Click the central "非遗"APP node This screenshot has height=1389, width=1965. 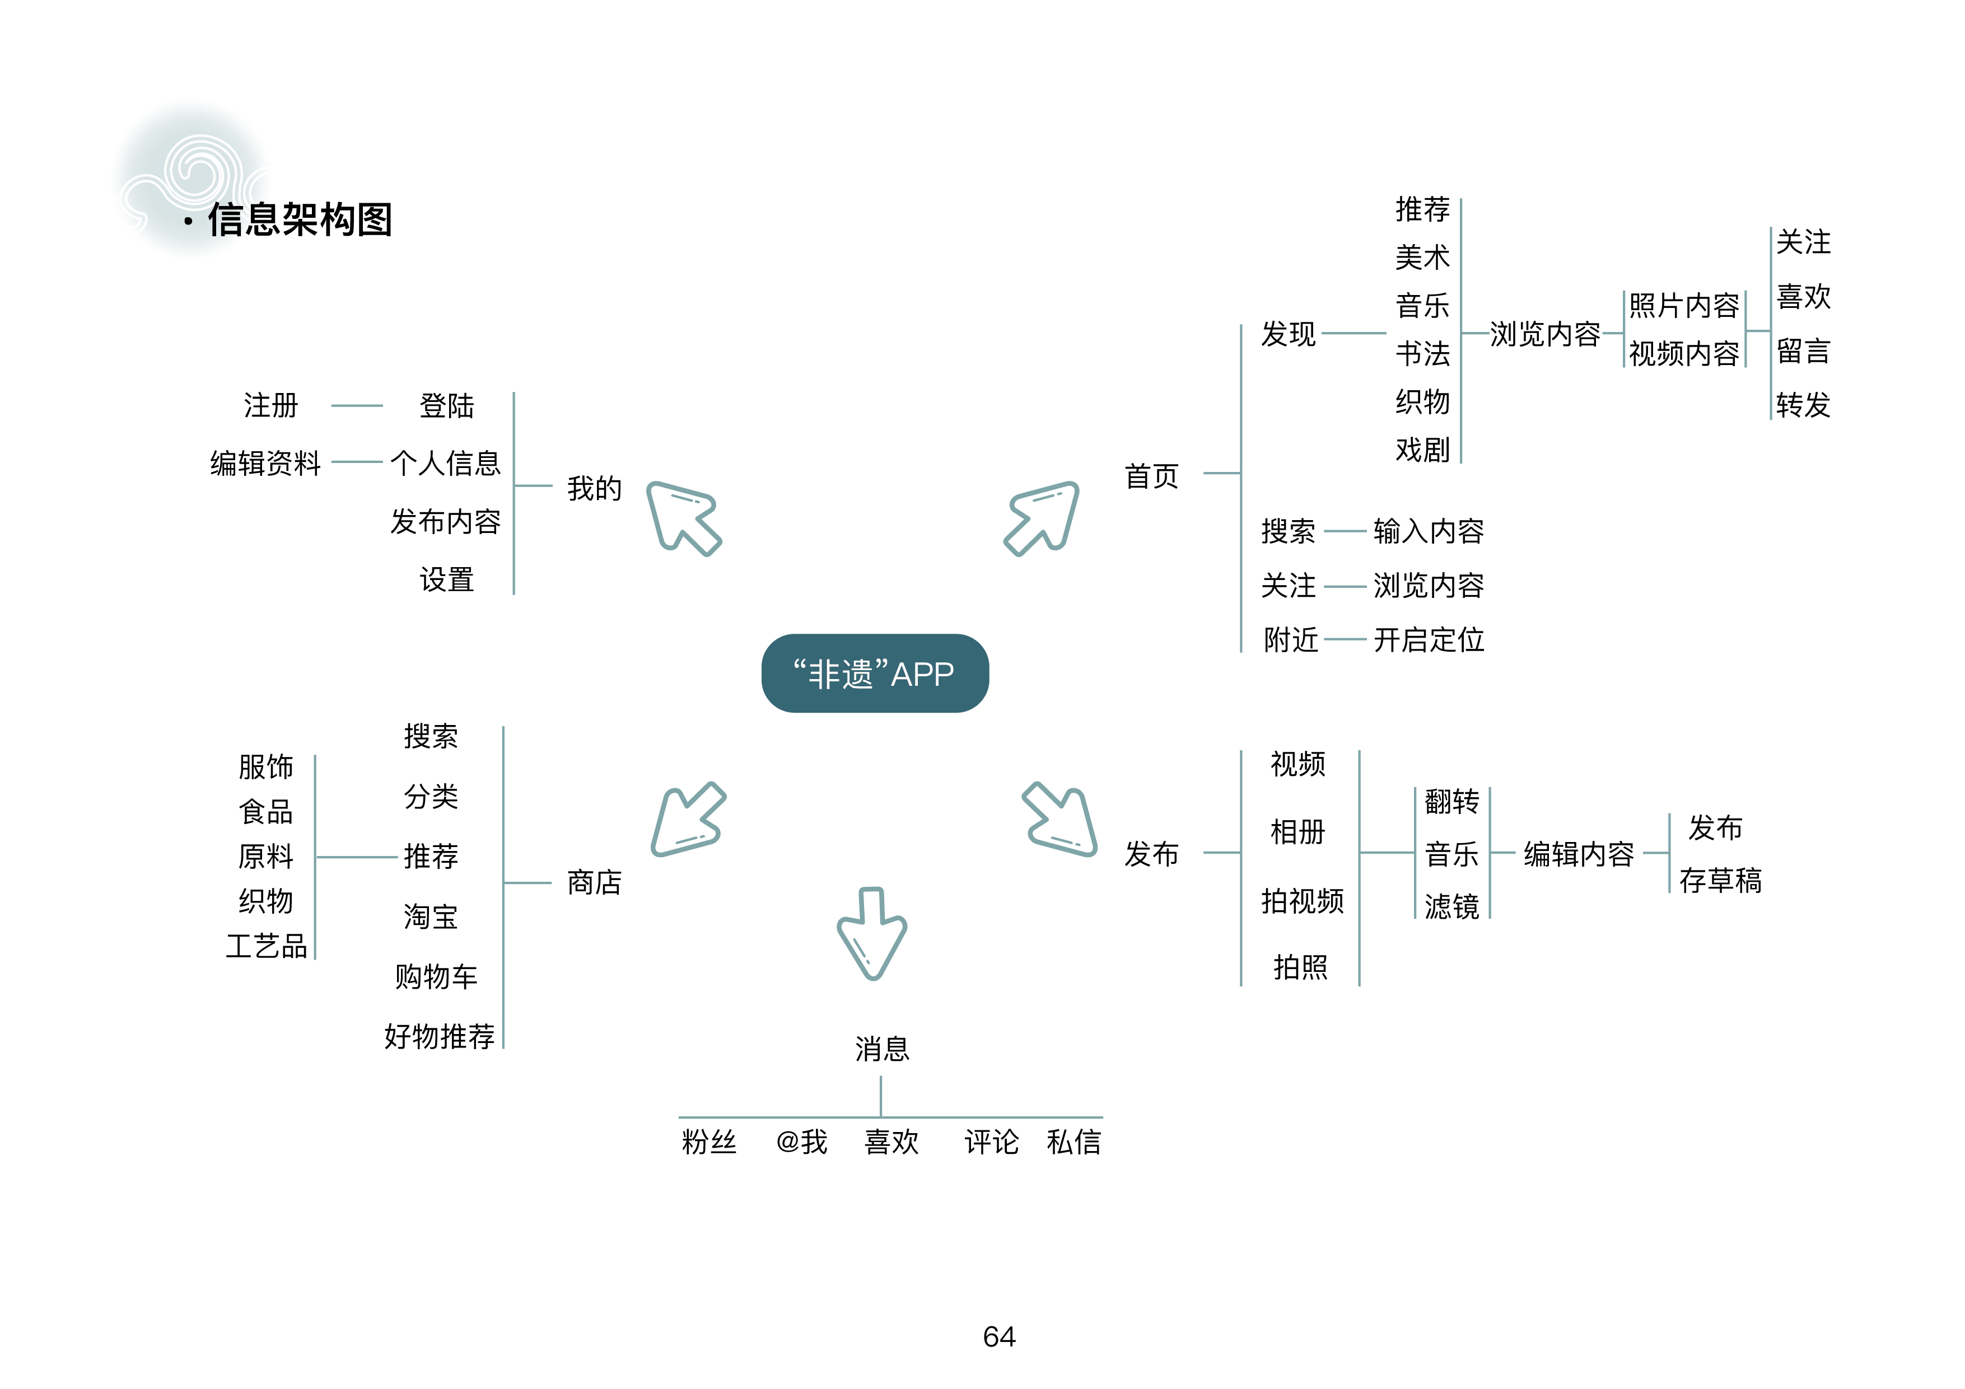[x=875, y=674]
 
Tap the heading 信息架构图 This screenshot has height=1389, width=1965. [x=300, y=220]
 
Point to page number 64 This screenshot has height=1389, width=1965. [x=999, y=1336]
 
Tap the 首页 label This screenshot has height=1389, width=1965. [x=1151, y=476]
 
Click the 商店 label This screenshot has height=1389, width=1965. [x=594, y=882]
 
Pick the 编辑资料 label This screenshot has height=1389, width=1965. [x=265, y=463]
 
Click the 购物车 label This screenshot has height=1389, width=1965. [x=436, y=976]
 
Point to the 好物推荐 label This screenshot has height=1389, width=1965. [x=439, y=1036]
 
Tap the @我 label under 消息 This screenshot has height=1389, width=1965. [x=801, y=1142]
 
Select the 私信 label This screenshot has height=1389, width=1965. [x=1073, y=1142]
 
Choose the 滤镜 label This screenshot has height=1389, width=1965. [x=1451, y=905]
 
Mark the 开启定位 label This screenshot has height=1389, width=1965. [x=1429, y=639]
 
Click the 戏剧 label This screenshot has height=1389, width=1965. [x=1422, y=450]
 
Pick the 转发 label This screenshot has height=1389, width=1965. [x=1803, y=404]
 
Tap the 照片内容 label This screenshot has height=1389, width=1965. [x=1683, y=306]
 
